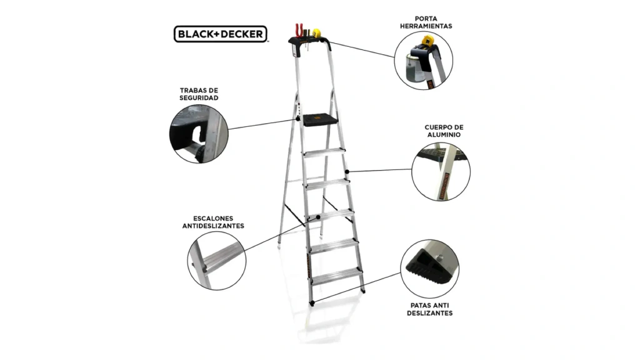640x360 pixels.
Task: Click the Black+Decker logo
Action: pos(221,34)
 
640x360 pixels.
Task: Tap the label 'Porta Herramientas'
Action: pos(426,22)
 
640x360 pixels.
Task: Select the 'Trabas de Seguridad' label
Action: pos(199,94)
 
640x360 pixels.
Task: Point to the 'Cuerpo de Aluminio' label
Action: pos(444,131)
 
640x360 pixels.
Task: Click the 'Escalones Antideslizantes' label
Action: pos(213,222)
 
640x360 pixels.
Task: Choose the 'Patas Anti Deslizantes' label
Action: pos(429,309)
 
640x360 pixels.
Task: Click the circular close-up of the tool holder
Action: pos(423,61)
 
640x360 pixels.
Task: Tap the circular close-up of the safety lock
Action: pos(199,134)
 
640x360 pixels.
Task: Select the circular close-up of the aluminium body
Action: pos(441,171)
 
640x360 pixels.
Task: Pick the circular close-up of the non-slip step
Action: pos(217,261)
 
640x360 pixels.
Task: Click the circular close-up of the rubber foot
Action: pos(429,269)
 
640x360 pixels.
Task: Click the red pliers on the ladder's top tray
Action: pos(299,31)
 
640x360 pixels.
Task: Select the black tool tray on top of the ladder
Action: pos(310,42)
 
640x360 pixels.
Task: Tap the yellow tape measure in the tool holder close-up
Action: pos(427,41)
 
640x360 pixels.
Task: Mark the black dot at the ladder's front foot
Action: pos(312,303)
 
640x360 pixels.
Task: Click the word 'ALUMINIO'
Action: pos(444,135)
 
